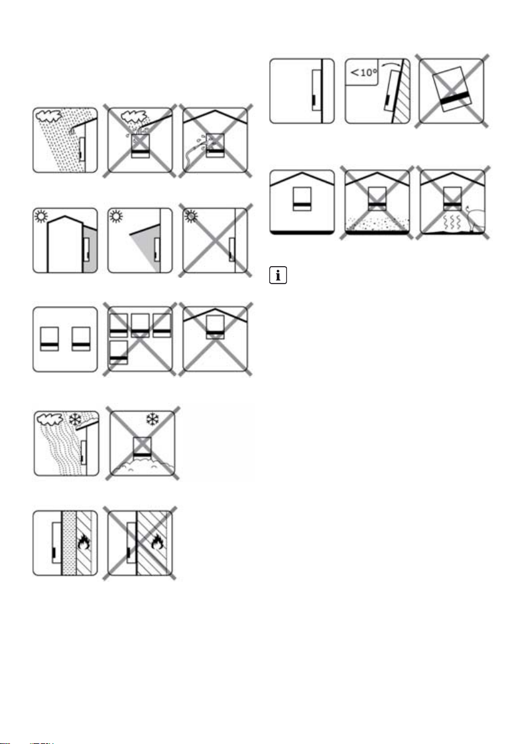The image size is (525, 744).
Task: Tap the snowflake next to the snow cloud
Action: coord(69,418)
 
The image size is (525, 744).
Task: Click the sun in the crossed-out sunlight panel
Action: coord(190,217)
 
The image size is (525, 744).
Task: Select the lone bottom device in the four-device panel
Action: coord(118,352)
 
